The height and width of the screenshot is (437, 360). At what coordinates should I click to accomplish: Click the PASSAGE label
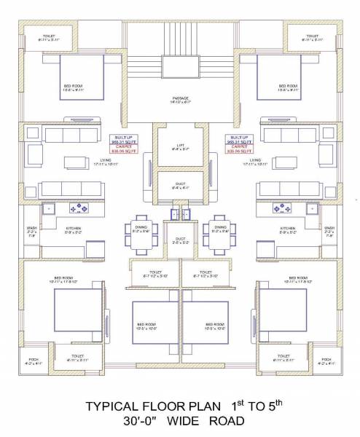[x=180, y=99]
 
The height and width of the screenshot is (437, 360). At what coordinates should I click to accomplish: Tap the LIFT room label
[x=180, y=146]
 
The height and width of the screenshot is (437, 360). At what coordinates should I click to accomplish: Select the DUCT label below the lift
[x=180, y=185]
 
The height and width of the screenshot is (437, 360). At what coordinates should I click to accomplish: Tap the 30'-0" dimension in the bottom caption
[x=141, y=421]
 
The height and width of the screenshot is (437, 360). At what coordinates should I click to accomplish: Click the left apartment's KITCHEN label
[x=73, y=228]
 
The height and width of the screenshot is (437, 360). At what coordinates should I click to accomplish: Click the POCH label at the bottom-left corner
[x=34, y=360]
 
